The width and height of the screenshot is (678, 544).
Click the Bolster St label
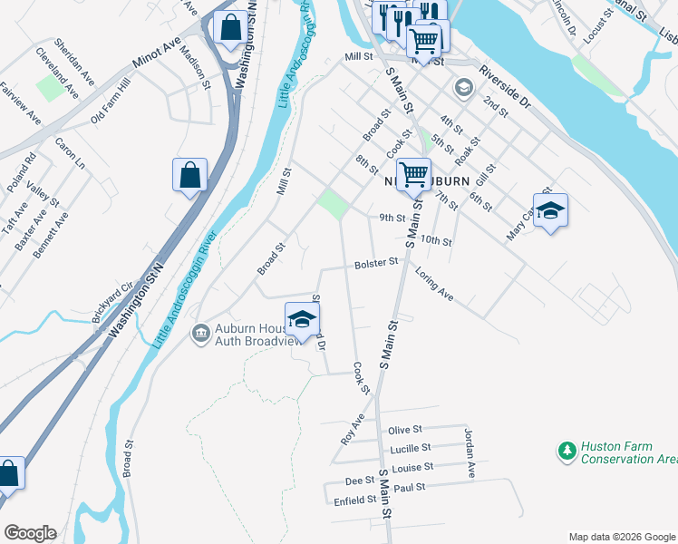(x=375, y=262)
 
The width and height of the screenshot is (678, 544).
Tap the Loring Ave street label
(x=433, y=284)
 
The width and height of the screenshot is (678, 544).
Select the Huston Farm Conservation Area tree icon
(x=567, y=451)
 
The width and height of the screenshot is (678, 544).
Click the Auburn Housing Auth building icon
(x=199, y=335)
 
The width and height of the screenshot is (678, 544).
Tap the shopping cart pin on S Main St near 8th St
(x=413, y=174)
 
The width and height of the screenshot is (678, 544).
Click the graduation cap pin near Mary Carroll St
(x=550, y=211)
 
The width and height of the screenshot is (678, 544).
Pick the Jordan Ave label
(x=470, y=452)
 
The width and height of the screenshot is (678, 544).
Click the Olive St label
(x=405, y=429)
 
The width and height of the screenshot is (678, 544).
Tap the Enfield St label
(x=354, y=500)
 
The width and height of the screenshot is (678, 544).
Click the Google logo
(x=30, y=533)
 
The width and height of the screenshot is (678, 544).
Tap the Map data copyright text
(x=621, y=537)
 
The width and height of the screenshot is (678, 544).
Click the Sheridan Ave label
(x=73, y=62)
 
